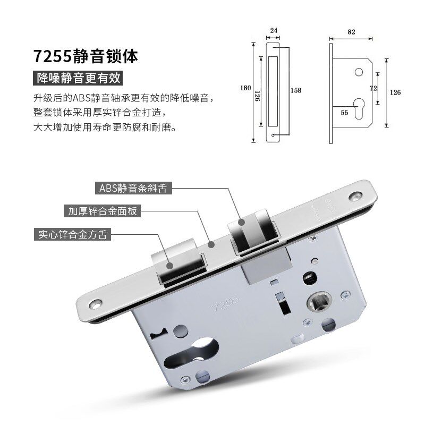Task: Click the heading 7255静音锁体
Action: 86,56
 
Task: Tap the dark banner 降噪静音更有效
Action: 78,78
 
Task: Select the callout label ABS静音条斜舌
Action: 133,188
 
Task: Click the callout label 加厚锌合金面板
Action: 103,210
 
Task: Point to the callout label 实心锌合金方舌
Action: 73,234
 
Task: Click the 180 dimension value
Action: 245,88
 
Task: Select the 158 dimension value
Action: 296,90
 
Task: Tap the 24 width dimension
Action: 274,30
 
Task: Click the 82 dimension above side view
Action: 351,32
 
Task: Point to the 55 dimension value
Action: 344,113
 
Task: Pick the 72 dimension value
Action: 373,88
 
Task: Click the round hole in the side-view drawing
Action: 359,72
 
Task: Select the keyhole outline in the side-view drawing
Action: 359,108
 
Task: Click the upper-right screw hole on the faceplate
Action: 355,197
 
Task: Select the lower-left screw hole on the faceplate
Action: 96,304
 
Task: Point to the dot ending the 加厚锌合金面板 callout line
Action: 211,244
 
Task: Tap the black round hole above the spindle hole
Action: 310,278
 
